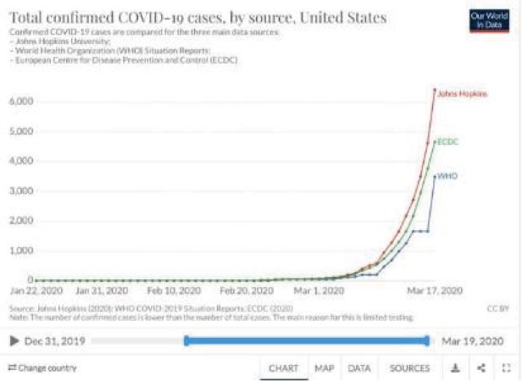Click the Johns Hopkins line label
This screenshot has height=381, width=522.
[x=462, y=93]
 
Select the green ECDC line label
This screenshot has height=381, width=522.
[x=449, y=141]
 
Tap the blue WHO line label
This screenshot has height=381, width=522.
[x=448, y=176]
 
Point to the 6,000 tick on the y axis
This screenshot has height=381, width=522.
[x=20, y=101]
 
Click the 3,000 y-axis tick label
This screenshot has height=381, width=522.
[x=20, y=190]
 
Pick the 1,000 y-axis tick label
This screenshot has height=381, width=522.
[x=20, y=251]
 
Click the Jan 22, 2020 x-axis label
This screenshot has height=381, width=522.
[x=35, y=290]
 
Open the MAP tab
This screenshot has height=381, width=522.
[x=324, y=368]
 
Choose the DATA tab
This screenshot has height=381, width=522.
[x=359, y=368]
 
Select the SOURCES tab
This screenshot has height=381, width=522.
[x=409, y=368]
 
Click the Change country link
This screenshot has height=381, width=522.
[x=42, y=368]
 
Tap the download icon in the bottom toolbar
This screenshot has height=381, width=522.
[x=455, y=368]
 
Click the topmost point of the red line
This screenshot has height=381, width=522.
[x=435, y=90]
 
